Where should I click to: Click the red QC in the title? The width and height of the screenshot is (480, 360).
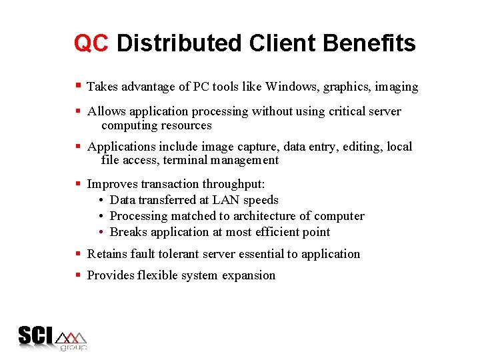tap(91, 43)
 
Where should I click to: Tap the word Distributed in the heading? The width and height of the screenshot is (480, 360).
tap(179, 43)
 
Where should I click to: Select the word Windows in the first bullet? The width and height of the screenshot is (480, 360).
tap(290, 87)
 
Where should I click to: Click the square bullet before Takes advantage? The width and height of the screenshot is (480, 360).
tap(78, 86)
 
